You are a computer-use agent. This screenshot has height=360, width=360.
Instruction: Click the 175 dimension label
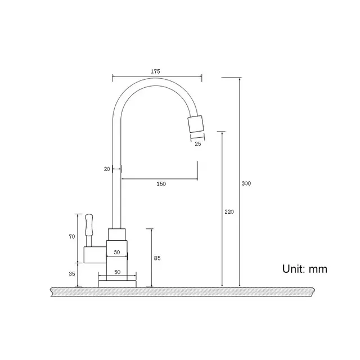(x=155, y=71)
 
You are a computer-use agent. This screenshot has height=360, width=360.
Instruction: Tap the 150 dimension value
(x=161, y=184)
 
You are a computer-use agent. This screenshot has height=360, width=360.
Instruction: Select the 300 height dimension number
(x=246, y=183)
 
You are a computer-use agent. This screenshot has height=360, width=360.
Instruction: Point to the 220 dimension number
(x=229, y=212)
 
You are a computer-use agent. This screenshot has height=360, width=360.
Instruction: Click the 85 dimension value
(x=157, y=258)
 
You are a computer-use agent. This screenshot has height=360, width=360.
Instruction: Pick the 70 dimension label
(x=72, y=236)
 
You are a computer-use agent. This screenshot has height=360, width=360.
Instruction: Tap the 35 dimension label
(x=72, y=274)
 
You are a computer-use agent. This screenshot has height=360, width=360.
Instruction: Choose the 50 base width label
(x=118, y=272)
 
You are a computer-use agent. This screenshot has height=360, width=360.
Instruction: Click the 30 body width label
(x=117, y=253)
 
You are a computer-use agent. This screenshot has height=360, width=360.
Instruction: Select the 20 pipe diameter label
(x=107, y=169)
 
